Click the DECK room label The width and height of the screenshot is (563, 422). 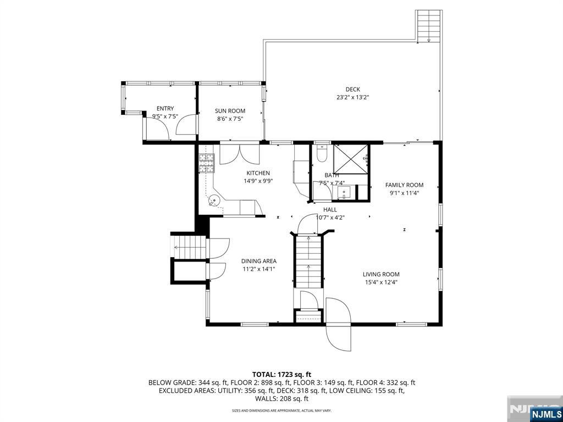(x=352, y=90)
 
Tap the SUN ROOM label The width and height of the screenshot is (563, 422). (x=230, y=111)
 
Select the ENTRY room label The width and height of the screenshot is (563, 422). (x=165, y=109)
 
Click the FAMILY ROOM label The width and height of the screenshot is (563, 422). (x=404, y=185)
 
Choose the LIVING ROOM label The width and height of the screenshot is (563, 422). (x=381, y=274)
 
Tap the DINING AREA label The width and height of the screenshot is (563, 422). (x=258, y=261)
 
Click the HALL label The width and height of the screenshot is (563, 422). (x=330, y=209)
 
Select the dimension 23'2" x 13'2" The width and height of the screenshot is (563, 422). (x=352, y=98)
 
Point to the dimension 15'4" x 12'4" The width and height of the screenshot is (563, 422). (x=381, y=282)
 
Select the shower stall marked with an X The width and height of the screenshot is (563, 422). (x=350, y=159)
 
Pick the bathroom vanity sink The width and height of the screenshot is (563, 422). (x=344, y=193)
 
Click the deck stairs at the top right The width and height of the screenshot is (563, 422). (x=429, y=26)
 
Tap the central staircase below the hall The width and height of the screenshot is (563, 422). (x=308, y=261)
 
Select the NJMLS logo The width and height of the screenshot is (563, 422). (x=546, y=413)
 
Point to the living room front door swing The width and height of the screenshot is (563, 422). (x=338, y=324)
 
